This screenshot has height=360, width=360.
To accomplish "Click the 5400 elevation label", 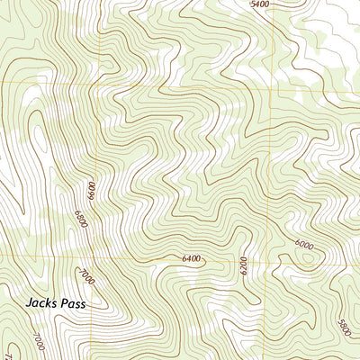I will tap(260, 4).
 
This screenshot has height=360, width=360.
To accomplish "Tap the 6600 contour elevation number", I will tap(91, 191).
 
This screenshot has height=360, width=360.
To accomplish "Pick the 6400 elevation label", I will tap(191, 259).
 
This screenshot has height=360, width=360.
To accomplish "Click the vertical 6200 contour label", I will tap(242, 265).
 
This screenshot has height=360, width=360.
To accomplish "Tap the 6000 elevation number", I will tap(304, 244).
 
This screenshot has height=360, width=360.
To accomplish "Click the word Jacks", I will tap(40, 305).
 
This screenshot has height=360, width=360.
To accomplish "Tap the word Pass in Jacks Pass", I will tap(73, 305).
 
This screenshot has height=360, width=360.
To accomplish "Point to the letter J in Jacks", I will tap(29, 305).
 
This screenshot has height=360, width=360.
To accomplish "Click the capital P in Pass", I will tap(64, 305).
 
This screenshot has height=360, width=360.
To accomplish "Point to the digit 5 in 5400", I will tap(253, 4).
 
